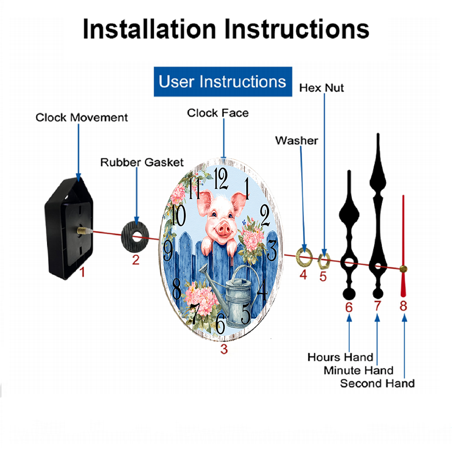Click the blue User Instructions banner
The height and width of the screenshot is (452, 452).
[223, 81]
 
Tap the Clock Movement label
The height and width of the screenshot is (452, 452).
[81, 118]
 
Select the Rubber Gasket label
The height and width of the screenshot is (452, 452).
[142, 162]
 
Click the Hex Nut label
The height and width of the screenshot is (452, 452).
[321, 88]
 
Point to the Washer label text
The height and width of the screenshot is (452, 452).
[297, 141]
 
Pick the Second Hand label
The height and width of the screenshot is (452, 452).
[377, 383]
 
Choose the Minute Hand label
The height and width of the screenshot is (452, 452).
[358, 370]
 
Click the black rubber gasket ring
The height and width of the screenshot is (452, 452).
[135, 237]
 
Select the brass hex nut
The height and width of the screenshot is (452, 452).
[324, 261]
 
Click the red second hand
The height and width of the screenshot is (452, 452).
[403, 246]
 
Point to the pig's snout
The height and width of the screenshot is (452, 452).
[223, 230]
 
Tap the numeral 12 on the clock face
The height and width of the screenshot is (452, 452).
[221, 179]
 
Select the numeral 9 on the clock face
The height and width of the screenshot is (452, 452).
[168, 250]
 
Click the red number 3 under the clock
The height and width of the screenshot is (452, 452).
[224, 349]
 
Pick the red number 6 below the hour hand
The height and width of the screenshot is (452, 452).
[349, 307]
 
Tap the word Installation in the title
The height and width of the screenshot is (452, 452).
[149, 29]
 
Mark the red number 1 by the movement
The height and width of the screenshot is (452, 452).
[82, 272]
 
